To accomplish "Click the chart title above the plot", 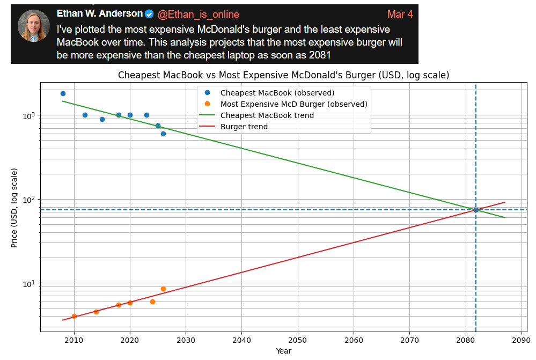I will click(283, 75).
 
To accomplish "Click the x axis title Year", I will click(283, 351).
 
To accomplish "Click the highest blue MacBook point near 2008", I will click(63, 94).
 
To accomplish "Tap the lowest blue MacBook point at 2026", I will click(163, 134).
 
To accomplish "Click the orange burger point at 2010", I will click(74, 317).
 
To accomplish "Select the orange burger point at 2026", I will click(163, 289).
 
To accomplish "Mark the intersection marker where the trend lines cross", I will click(476, 210).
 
